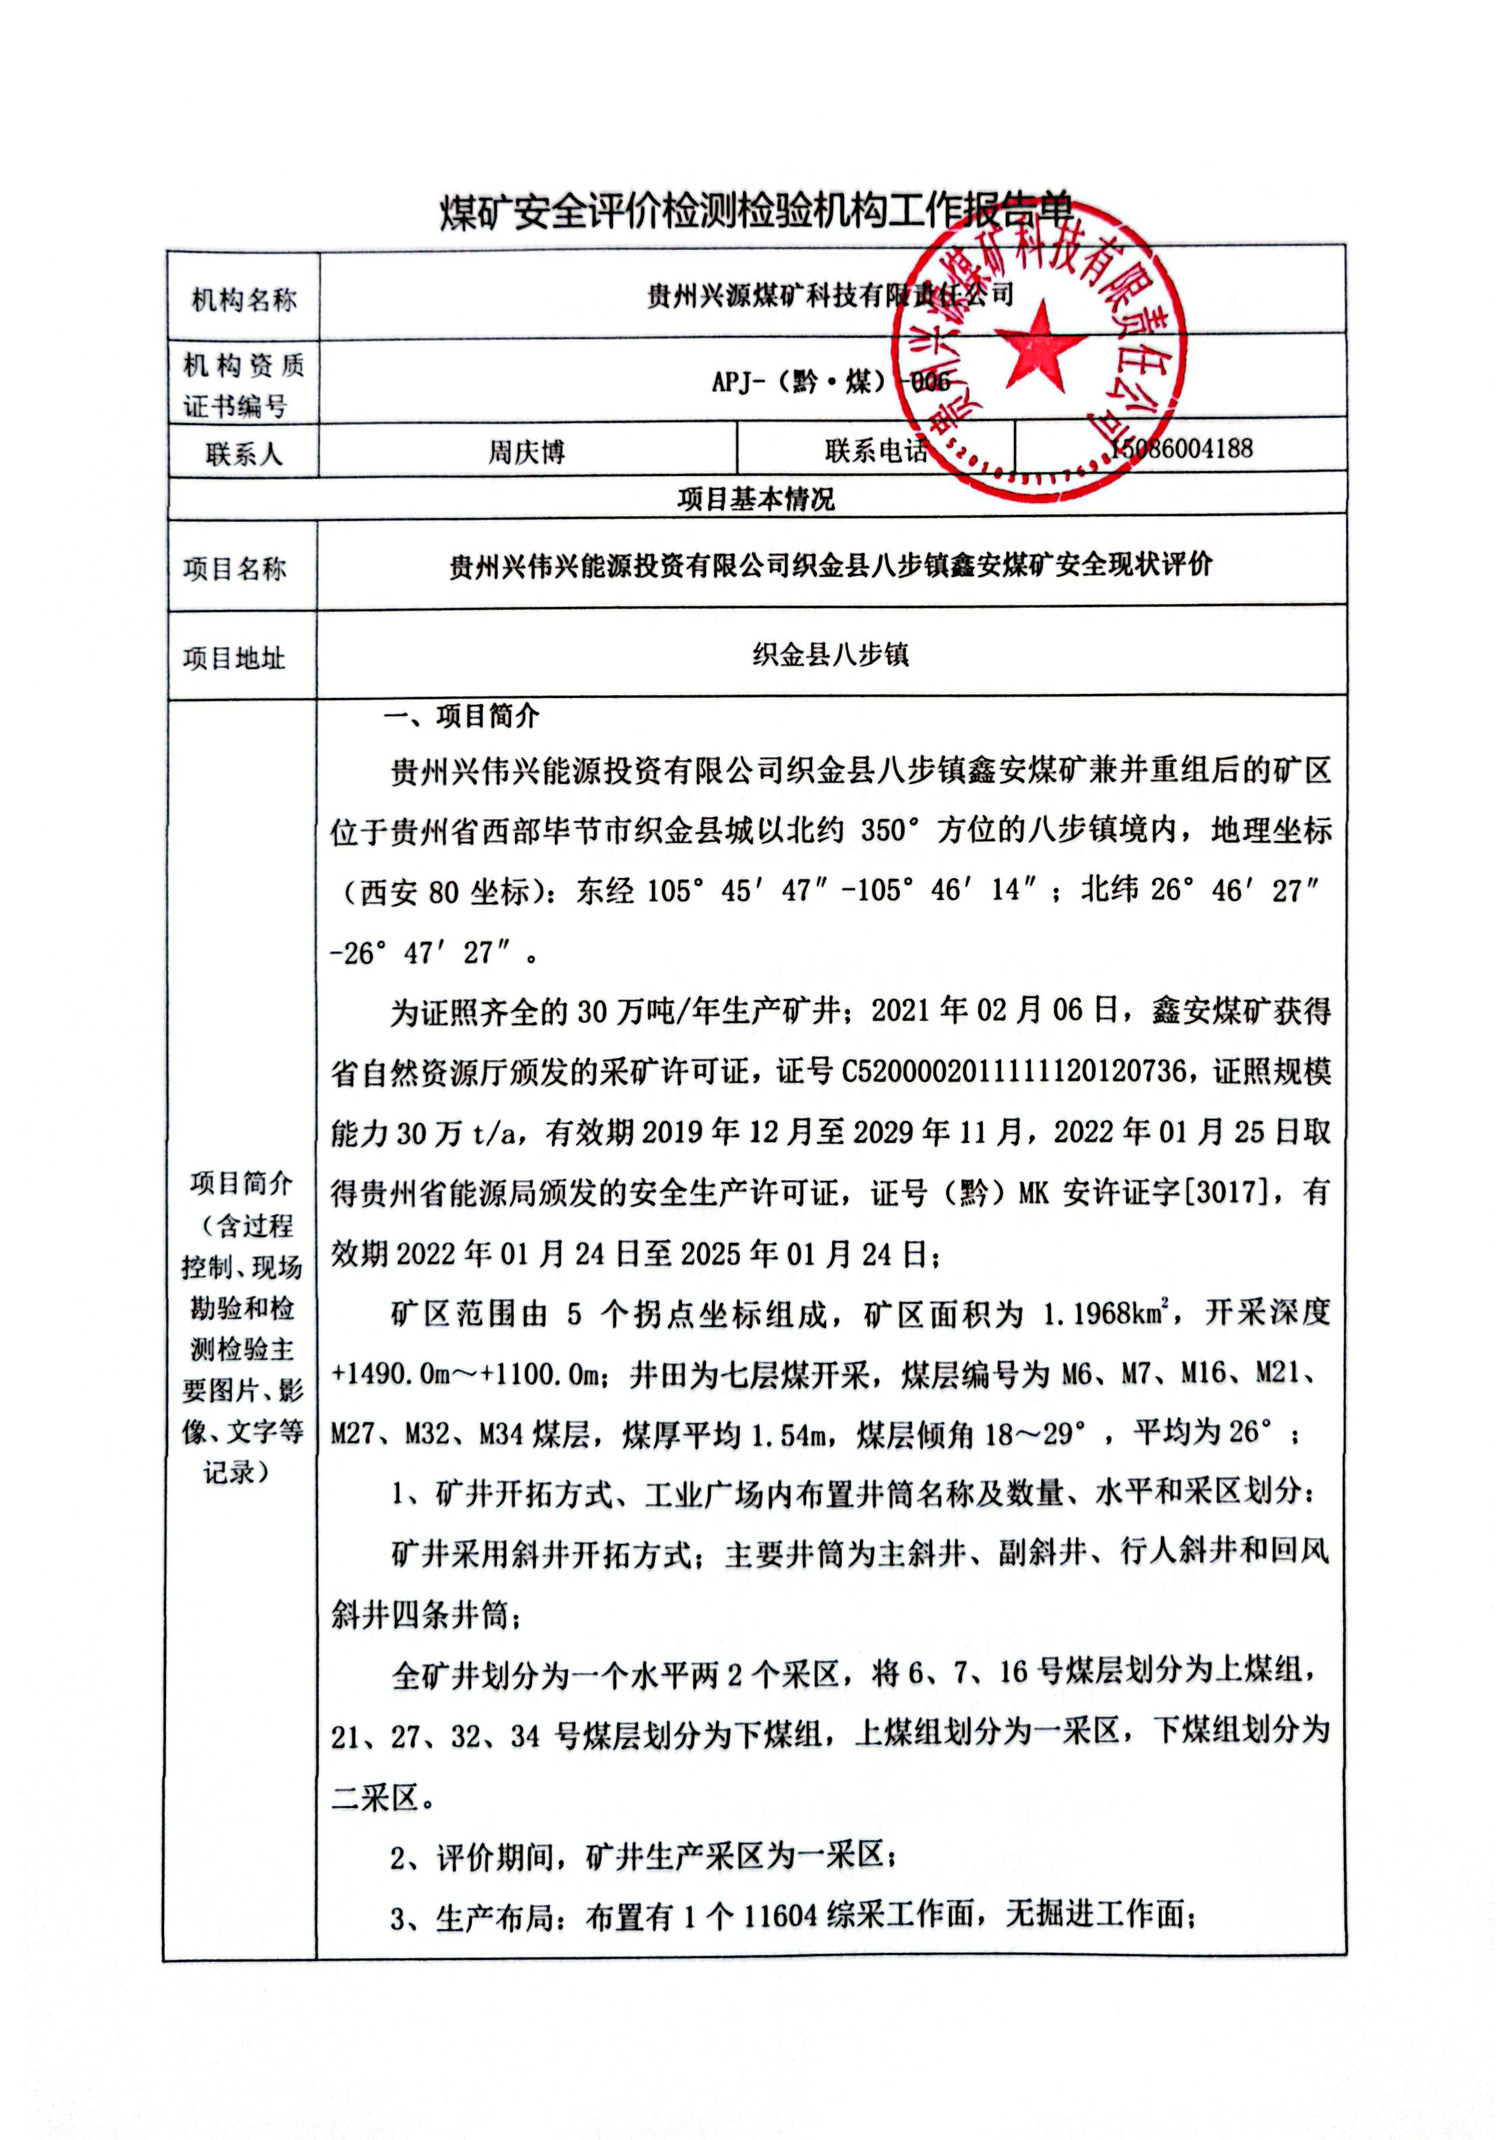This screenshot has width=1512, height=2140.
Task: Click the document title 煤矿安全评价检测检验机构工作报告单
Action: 755,213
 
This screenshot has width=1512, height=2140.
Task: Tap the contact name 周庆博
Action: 526,453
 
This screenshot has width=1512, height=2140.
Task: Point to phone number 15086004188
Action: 1182,449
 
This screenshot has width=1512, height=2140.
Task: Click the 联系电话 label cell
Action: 875,451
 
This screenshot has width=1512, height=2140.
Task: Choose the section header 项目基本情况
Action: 756,500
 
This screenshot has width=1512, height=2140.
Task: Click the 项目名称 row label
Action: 235,568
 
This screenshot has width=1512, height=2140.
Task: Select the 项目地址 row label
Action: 234,658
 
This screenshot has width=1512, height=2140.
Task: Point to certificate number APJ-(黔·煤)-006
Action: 830,382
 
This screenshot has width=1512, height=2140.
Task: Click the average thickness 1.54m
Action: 788,1435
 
